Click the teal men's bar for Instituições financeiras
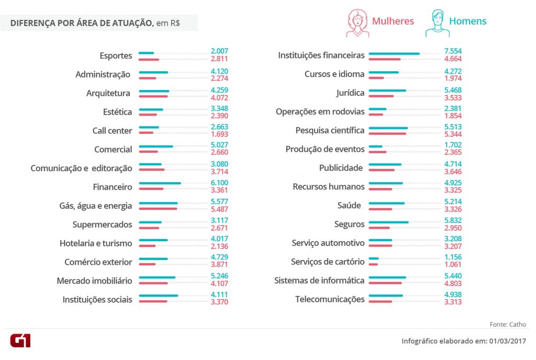coord(394,53)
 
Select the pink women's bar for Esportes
coord(149,59)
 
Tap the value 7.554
coord(453,51)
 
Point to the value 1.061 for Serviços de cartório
coord(453,265)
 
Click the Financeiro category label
coord(113,187)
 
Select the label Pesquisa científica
coord(330,130)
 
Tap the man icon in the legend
coord(437,24)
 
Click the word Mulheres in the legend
coord(393,21)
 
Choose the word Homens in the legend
coord(467,21)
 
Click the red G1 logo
coord(20,340)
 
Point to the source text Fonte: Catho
coord(508,324)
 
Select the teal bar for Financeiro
coord(160,183)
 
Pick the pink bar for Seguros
coord(379,228)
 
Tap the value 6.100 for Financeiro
coord(219,183)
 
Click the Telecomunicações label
coord(330,299)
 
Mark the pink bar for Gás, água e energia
coord(158,209)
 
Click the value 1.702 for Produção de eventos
coord(453,145)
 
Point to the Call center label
coord(112,130)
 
